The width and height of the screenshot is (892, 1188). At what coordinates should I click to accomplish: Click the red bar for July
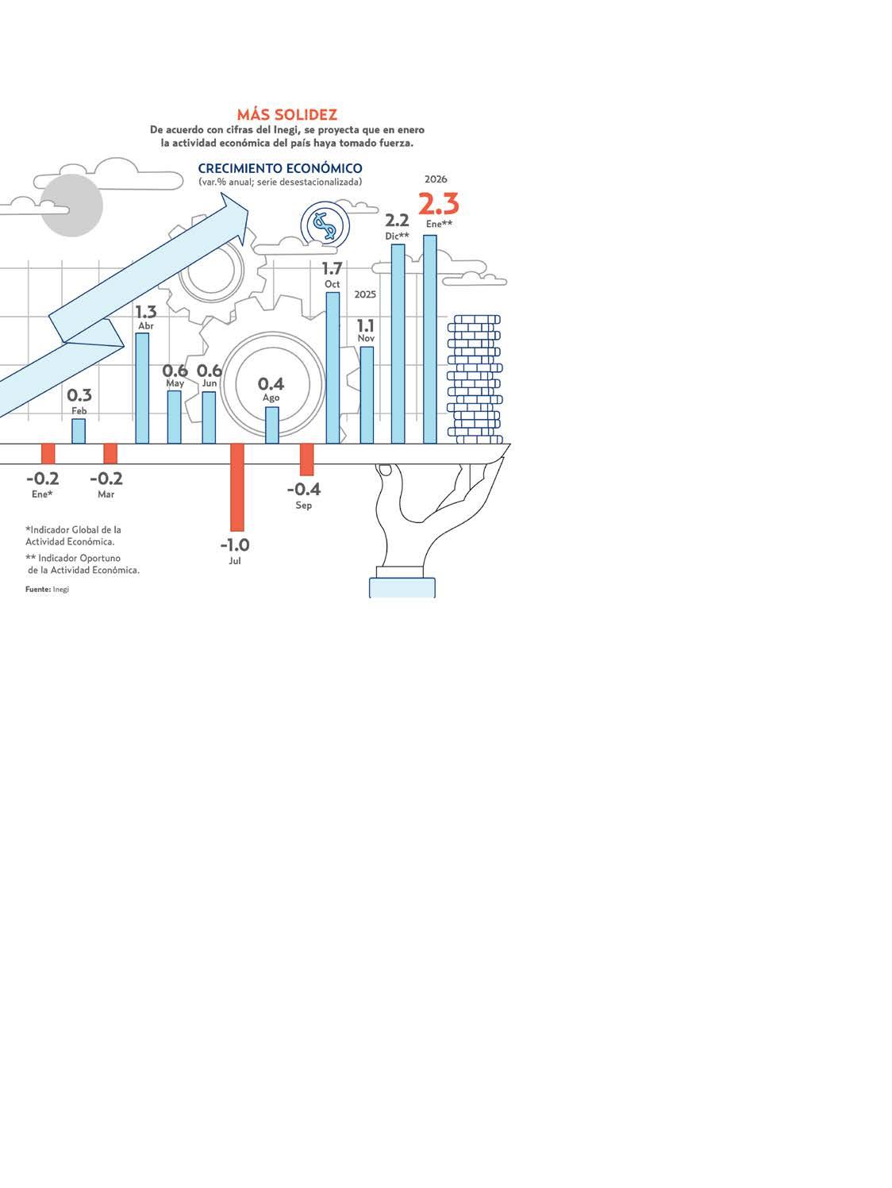[x=236, y=486]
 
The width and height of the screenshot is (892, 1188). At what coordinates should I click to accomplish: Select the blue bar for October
[x=333, y=367]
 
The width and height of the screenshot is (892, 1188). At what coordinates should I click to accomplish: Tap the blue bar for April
[x=142, y=387]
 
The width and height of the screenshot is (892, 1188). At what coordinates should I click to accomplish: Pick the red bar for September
[x=306, y=459]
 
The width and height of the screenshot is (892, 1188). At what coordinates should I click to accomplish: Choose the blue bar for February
[x=79, y=431]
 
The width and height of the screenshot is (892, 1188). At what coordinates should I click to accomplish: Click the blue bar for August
[x=272, y=425]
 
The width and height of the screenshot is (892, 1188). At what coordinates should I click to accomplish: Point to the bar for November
[x=367, y=394]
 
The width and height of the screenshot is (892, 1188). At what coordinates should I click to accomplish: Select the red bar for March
[x=110, y=453]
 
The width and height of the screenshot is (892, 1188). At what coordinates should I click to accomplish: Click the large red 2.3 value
[x=438, y=205]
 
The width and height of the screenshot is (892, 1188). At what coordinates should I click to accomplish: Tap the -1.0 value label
[x=235, y=545]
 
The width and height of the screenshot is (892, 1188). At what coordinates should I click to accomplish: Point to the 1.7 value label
[x=332, y=268]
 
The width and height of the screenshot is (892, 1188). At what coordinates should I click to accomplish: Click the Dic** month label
[x=398, y=236]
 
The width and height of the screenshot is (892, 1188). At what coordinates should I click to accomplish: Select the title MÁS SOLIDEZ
[x=286, y=115]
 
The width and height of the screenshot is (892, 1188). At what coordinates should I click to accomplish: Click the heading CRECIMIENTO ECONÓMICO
[x=280, y=168]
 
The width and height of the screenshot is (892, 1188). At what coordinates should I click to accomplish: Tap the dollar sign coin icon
[x=325, y=225]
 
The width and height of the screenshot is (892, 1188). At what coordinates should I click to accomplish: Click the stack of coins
[x=475, y=379]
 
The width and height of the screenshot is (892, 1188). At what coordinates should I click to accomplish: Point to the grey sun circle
[x=71, y=206]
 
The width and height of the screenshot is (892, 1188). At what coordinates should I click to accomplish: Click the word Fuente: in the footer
[x=38, y=590]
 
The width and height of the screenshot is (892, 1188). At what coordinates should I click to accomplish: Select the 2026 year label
[x=436, y=179]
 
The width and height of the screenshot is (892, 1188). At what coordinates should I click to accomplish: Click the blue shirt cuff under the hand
[x=402, y=586]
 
